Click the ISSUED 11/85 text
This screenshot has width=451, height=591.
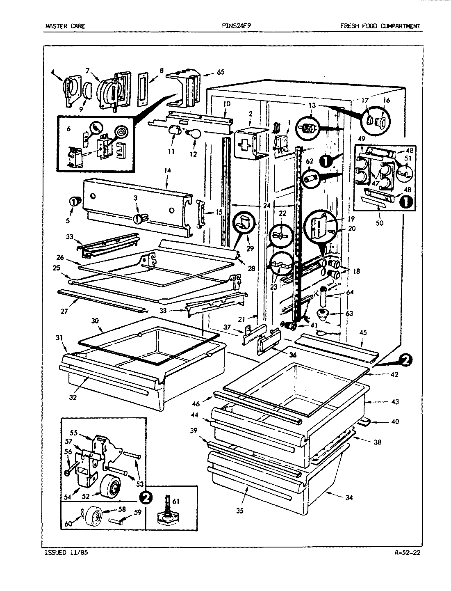(x=65, y=552)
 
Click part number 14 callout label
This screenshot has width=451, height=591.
(x=167, y=170)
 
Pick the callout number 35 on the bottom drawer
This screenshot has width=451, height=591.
(x=240, y=511)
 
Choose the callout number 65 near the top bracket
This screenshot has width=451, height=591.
(x=220, y=72)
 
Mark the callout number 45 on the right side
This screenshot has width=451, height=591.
(x=363, y=332)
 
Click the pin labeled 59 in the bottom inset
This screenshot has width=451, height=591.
(x=116, y=521)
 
